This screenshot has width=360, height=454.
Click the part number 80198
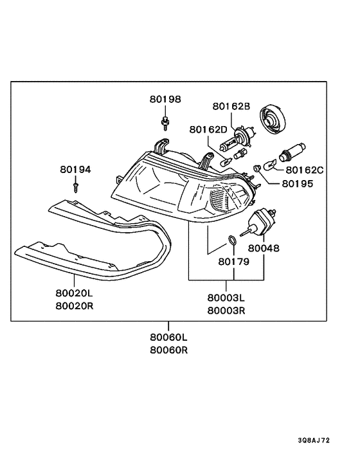[x=165, y=99]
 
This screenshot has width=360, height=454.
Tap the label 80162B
[x=231, y=106]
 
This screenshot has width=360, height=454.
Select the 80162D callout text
[x=209, y=129]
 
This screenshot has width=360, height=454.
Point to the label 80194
[x=75, y=169]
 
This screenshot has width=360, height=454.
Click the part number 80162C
[x=305, y=170]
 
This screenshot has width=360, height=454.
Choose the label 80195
[x=298, y=183]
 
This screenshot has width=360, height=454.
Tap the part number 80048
[x=264, y=248]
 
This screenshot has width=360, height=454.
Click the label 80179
[x=234, y=262]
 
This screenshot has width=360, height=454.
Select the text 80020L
[x=75, y=293]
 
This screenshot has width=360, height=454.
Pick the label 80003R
[x=226, y=311]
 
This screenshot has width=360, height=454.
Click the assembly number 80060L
[x=168, y=338]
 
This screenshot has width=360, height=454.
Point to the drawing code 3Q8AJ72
[x=314, y=440]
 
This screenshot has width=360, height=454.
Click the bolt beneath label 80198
[x=165, y=123]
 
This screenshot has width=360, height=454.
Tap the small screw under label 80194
[x=76, y=188]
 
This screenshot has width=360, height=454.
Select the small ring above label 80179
[x=232, y=240]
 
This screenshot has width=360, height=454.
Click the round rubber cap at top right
[x=273, y=120]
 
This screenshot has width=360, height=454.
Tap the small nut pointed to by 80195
[x=256, y=168]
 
